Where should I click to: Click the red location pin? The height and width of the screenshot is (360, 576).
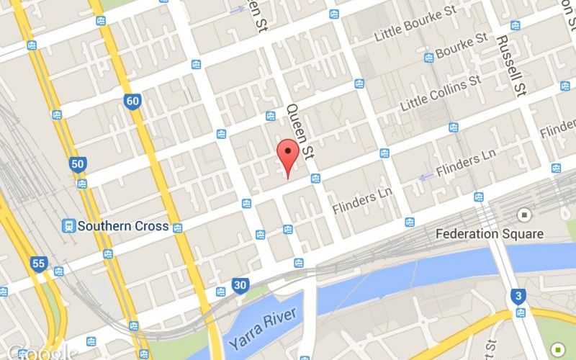pos(288,153)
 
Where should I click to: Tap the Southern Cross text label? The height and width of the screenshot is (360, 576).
pos(123,226)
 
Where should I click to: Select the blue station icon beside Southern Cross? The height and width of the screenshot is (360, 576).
pos(69,225)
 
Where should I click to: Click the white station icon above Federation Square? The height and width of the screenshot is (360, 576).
pos(524,215)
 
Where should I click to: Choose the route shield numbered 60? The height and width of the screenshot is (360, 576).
pos(131,101)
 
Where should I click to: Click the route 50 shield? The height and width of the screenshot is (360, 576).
pos(77,164)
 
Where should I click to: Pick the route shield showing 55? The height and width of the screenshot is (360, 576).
pos(39,264)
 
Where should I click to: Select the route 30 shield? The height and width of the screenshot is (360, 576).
pos(240,286)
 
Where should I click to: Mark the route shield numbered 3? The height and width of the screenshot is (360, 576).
pos(517,295)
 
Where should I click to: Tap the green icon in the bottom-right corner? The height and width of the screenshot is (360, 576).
pos(557,349)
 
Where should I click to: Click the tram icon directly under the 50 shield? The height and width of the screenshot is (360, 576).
pos(83,183)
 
